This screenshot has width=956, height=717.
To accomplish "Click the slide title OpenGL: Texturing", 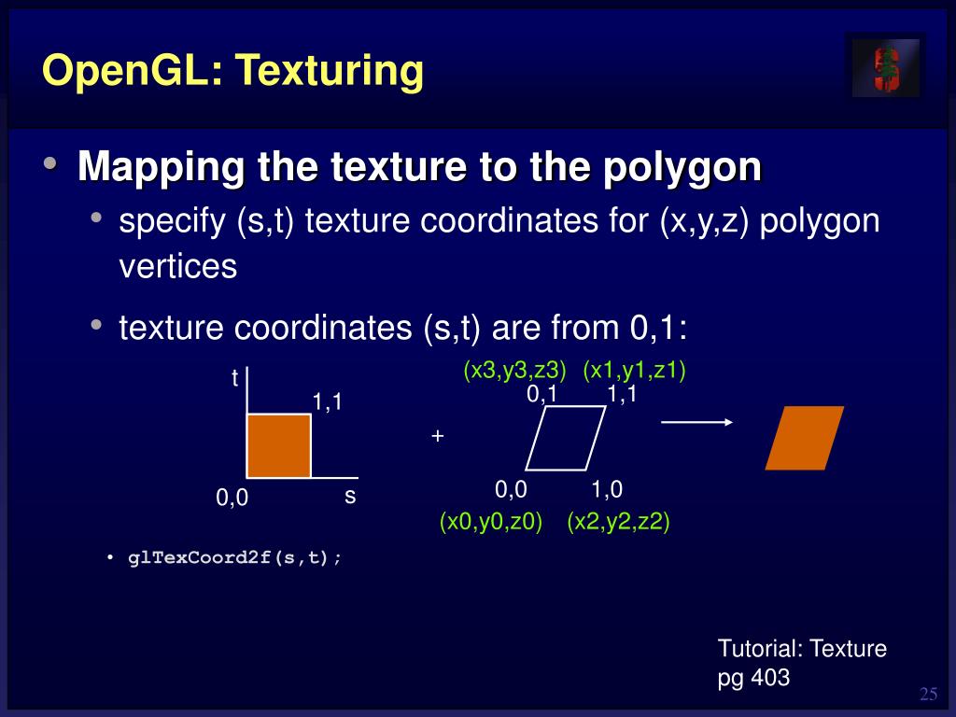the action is pos(232,71).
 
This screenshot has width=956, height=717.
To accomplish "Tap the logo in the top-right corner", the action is pos(885,67).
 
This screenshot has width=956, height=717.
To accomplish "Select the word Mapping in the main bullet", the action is pos(161,166).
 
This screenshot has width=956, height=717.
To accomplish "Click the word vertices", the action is pos(178,267).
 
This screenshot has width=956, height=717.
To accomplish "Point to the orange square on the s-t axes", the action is pos(278,445).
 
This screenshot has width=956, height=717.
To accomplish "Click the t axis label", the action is pos(234,379).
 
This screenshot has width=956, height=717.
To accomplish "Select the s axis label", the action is pos(350,496).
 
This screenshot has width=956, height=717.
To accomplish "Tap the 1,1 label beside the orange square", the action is pos(328,402).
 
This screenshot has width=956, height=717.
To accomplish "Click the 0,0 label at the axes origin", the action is pos(232,499).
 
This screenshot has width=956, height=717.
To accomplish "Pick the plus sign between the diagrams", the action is pos(437,436).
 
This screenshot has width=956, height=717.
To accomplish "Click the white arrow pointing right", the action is pos(696,422).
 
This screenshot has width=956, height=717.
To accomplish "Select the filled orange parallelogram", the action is pos(804,438).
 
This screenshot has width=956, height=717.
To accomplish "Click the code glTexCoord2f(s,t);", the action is pos(234,558).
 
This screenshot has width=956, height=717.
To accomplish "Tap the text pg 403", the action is pos(753,678).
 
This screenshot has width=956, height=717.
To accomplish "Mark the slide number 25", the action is pos(928,694).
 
